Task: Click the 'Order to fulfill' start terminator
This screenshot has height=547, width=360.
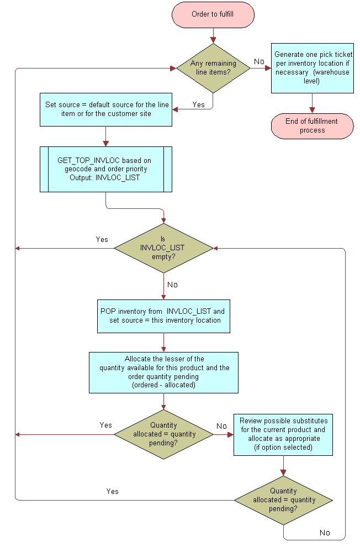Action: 213,14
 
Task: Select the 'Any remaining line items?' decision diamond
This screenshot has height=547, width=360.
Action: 213,69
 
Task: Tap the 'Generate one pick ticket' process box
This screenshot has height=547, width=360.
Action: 312,68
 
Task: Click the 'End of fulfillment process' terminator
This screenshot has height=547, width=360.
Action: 312,126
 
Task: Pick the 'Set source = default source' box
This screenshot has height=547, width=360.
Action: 105,109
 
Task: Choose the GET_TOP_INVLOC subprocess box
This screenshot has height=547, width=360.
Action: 105,169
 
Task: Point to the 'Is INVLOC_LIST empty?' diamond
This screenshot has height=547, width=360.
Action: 163,248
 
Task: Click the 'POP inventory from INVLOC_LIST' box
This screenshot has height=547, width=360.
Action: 163,316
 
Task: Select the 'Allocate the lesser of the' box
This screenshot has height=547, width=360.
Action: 163,372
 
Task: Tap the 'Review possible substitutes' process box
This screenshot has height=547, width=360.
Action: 283,434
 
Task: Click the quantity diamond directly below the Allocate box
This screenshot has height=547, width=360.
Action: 163,434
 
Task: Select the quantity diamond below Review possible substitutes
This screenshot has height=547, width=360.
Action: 283,500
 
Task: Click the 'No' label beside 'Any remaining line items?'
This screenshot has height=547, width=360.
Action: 259,61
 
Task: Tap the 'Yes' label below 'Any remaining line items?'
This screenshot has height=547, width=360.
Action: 199,104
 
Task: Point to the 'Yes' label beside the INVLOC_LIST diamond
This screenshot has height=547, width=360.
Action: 102,239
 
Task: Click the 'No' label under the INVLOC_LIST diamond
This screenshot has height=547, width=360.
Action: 172,285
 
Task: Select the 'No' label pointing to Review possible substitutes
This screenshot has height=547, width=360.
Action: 221,426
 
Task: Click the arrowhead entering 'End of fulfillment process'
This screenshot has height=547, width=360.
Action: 312,111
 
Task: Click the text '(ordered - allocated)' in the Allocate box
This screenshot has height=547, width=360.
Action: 163,385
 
